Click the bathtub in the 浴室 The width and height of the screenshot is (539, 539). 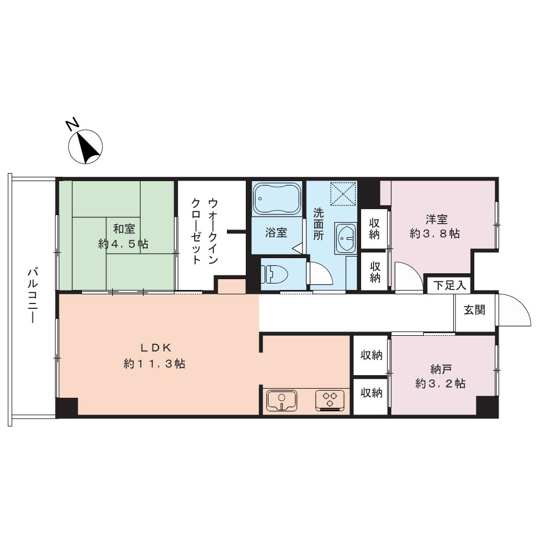[x=277, y=199]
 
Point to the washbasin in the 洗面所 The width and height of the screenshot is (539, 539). [x=345, y=238]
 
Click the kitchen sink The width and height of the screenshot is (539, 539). [x=281, y=400]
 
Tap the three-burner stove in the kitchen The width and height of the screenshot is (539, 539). [x=330, y=400]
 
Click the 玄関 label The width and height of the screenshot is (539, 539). [x=474, y=310]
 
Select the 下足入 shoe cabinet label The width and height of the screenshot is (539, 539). [x=450, y=285]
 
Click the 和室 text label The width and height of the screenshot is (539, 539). [x=124, y=229]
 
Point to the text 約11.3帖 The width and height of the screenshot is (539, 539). [x=154, y=363]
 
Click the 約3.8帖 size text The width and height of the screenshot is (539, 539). [x=435, y=234]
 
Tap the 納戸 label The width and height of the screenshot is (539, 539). [x=441, y=370]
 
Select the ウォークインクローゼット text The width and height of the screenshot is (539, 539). [x=204, y=231]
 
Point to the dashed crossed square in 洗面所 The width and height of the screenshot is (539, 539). [x=343, y=194]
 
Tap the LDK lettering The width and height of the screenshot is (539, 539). [x=156, y=348]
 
